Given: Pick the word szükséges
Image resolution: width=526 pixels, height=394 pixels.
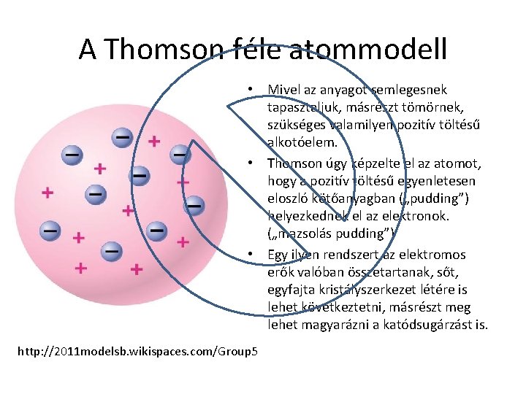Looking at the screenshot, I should click(x=294, y=125).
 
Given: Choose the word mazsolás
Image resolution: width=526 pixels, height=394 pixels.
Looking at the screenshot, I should click(x=308, y=233).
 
